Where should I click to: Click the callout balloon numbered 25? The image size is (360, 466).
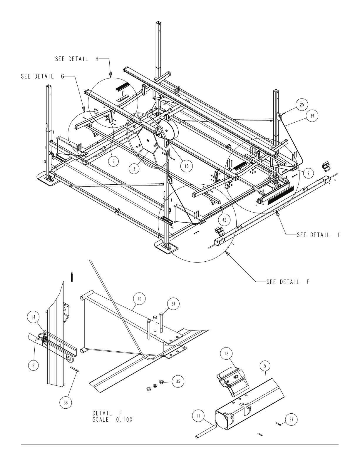click(x=302, y=105)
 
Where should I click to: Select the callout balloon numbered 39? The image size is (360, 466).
click(x=312, y=116)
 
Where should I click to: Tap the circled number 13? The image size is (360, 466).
click(x=186, y=166)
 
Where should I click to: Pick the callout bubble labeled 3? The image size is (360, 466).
click(x=134, y=169)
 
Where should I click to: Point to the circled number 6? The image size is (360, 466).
click(x=113, y=161)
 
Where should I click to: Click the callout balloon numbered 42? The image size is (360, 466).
click(x=224, y=220)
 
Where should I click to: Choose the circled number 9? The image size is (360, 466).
click(x=308, y=173)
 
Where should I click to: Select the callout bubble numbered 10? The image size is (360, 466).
click(x=140, y=299)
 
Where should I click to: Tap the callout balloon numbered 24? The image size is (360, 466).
click(x=173, y=304)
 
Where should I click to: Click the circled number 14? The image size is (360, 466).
click(x=33, y=317)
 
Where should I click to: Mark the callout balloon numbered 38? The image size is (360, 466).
click(x=66, y=402)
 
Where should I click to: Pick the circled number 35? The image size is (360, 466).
click(x=178, y=381)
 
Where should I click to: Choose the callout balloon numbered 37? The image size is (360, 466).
click(x=292, y=419)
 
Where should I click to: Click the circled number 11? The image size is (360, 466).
click(x=198, y=416)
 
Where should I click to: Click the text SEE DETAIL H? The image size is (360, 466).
click(x=77, y=59)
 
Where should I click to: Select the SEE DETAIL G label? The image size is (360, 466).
click(x=42, y=76)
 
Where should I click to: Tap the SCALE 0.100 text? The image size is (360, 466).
click(x=113, y=420)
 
